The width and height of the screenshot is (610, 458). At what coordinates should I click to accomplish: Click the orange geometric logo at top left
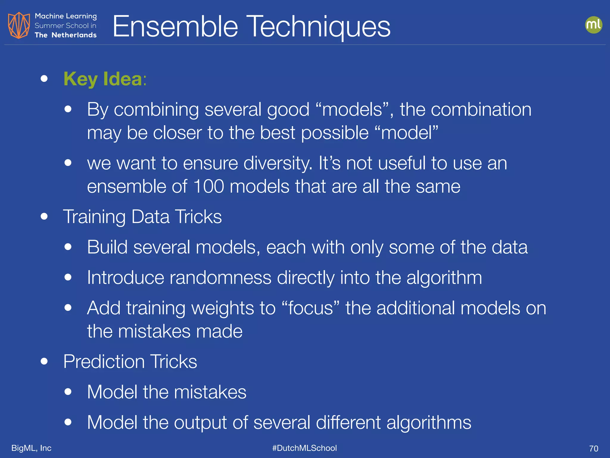click(x=19, y=25)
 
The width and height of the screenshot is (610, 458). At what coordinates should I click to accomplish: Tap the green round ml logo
click(x=593, y=25)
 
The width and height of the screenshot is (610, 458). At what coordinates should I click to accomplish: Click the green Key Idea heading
click(x=103, y=79)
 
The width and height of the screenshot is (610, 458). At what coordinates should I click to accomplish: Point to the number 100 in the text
click(x=208, y=186)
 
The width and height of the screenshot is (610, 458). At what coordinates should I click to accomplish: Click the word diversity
click(x=278, y=163)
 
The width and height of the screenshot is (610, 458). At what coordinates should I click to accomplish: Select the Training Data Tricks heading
click(x=142, y=216)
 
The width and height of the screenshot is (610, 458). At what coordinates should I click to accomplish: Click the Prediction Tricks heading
click(x=130, y=361)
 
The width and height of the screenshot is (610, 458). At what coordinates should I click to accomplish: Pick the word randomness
click(x=220, y=278)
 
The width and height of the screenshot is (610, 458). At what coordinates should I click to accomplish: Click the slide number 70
click(x=593, y=448)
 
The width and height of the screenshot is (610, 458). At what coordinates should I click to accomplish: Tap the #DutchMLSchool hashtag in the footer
click(x=304, y=448)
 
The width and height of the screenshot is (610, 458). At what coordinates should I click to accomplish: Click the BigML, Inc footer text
click(x=31, y=448)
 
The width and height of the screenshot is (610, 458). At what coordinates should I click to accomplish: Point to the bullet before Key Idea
click(x=44, y=78)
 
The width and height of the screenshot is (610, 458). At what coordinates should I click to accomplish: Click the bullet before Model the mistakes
click(x=68, y=392)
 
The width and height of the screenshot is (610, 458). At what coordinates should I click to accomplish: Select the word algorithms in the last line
click(x=429, y=423)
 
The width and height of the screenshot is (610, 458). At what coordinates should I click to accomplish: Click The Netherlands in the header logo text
click(x=66, y=35)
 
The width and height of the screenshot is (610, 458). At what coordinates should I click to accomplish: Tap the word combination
click(x=481, y=109)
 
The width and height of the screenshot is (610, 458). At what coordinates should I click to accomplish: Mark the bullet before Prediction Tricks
click(x=44, y=361)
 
